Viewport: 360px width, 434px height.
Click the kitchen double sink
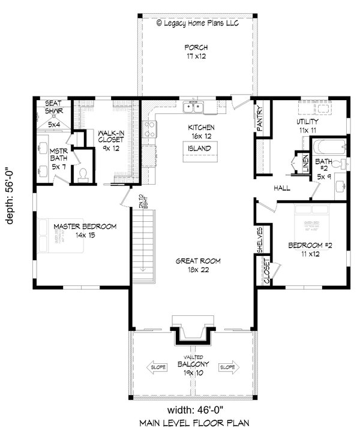click(194, 108)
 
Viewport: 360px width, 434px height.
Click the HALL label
click(282, 188)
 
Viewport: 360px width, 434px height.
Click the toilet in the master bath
click(83, 174)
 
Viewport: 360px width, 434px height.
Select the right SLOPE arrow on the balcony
click(227, 367)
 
